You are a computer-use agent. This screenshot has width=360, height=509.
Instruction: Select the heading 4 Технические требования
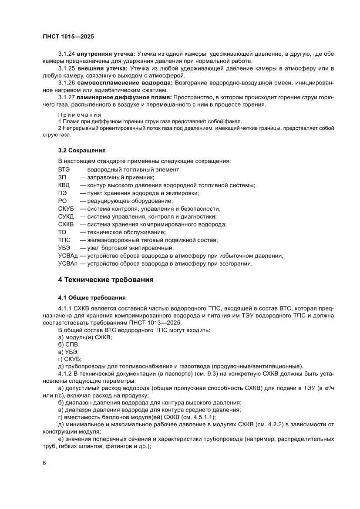[x=105, y=280]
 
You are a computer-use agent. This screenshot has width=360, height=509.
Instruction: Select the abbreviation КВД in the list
[x=64, y=185]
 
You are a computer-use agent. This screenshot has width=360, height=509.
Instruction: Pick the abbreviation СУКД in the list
[x=66, y=216]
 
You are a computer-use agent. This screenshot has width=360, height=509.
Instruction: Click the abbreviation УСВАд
[x=67, y=256]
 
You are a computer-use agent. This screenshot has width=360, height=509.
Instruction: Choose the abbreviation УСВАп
[x=67, y=263]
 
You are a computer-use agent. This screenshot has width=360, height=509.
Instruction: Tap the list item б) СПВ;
[x=69, y=344]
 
